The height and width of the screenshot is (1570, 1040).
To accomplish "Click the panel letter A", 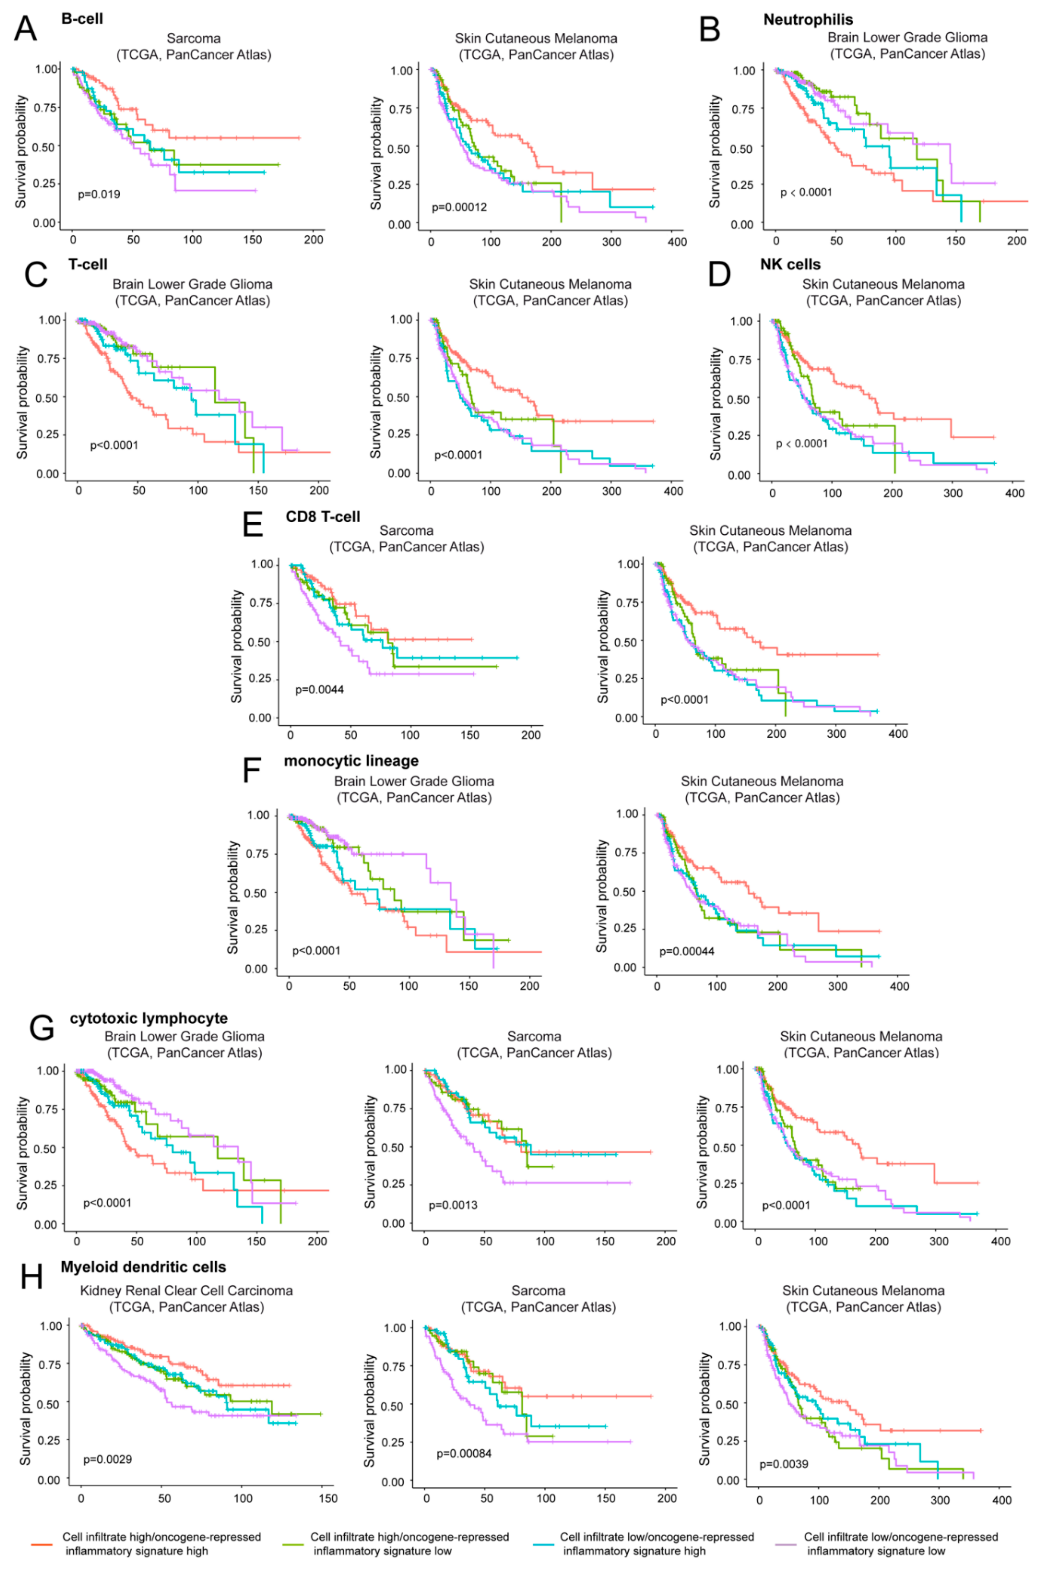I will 25,28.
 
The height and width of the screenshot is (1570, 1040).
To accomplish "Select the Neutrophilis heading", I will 808,20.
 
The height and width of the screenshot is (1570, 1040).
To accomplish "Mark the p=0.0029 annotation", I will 108,1459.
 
